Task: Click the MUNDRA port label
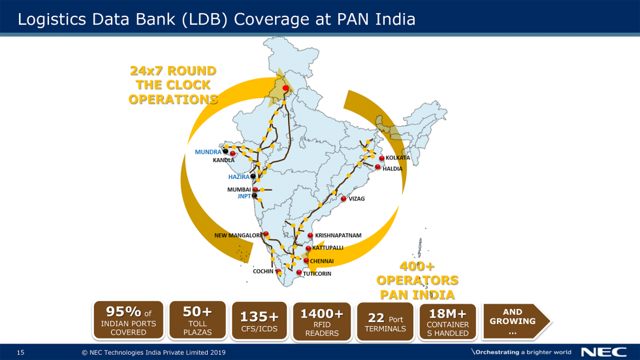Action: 208,152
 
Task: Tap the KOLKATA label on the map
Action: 398,158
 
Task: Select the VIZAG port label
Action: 357,199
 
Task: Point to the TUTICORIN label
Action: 317,274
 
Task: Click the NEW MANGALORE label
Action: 238,235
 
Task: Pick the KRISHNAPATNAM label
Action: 338,235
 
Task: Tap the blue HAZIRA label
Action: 238,177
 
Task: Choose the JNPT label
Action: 244,195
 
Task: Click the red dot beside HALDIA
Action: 377,167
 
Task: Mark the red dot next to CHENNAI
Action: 306,261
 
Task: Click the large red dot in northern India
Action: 285,88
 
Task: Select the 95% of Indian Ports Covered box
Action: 129,320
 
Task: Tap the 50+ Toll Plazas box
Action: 197,320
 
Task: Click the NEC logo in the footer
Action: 604,352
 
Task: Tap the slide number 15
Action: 20,353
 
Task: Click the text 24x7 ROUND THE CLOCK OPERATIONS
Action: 173,85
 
